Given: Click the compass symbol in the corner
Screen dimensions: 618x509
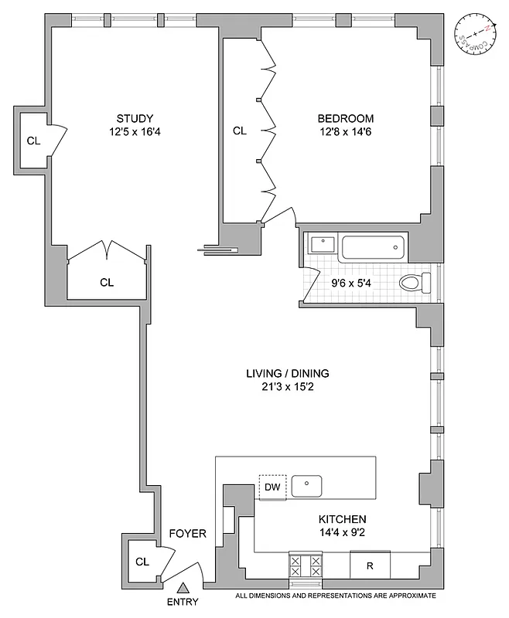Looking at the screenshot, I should pos(475,36).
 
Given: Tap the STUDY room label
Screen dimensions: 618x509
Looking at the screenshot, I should pos(135,118).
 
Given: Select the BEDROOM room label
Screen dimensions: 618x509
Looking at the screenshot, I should pos(346,118).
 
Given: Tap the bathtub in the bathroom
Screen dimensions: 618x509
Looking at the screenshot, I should pos(373,248).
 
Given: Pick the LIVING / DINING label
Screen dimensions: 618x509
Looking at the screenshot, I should pos(284,373).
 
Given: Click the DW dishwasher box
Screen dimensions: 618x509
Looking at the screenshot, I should pos(272,487).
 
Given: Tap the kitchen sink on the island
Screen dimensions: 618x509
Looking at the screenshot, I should pos(307,486).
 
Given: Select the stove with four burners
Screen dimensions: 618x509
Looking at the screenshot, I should pos(306,565).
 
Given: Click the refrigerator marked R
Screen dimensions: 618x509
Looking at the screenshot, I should pos(370,565).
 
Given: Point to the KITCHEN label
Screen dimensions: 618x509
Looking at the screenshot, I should pos(341,519).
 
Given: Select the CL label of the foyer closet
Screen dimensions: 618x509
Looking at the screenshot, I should pos(142,562).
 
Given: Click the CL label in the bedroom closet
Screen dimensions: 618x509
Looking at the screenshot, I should pos(240,131).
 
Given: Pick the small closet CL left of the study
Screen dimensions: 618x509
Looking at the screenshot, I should pos(32,141).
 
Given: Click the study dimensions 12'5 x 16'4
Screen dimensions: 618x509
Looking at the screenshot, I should pos(135,131).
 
